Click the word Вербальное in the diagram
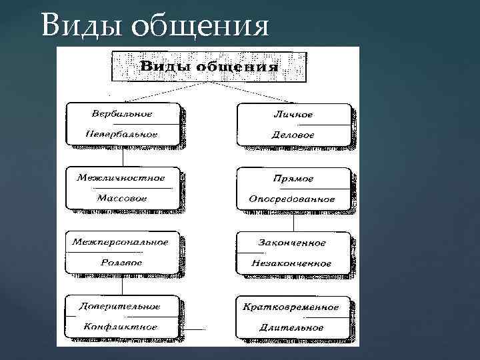(x=122, y=114)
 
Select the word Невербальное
(x=122, y=134)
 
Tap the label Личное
(x=293, y=114)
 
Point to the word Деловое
(x=293, y=135)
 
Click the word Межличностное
(x=121, y=178)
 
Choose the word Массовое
(x=122, y=199)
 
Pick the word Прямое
(x=293, y=179)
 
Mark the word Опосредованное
(x=292, y=199)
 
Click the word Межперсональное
(x=121, y=241)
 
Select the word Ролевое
(x=121, y=263)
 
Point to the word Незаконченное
(x=291, y=263)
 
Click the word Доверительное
(x=120, y=306)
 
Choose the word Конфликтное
(x=121, y=327)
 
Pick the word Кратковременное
(x=291, y=307)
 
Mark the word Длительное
(x=293, y=328)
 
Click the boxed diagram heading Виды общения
(x=209, y=67)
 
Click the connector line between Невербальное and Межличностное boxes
(x=123, y=157)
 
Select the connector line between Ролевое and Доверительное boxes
(x=123, y=285)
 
